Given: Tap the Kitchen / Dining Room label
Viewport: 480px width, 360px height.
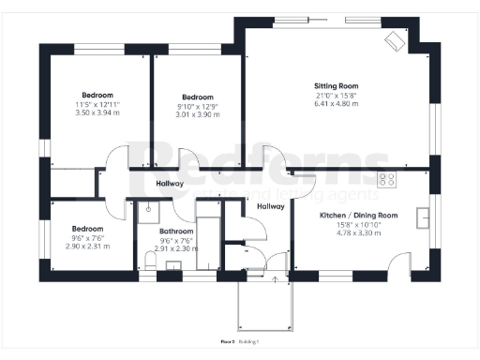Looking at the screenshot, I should (359, 215).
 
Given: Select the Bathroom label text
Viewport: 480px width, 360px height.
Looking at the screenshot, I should (176, 231).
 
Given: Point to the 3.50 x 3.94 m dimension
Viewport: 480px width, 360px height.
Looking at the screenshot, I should (97, 112).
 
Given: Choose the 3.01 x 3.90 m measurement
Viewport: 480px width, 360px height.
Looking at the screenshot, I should (197, 114).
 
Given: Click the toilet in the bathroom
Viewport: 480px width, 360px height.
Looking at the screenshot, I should (151, 260).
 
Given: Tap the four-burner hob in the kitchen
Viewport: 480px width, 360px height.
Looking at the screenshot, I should (385, 178).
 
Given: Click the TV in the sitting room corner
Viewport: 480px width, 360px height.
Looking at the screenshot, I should (394, 40).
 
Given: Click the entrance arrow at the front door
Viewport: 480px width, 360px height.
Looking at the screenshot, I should (274, 277).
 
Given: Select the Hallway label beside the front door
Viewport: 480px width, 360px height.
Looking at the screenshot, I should (270, 207).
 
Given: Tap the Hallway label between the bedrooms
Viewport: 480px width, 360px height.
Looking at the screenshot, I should (170, 183).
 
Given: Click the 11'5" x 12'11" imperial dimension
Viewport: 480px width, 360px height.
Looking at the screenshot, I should (97, 104).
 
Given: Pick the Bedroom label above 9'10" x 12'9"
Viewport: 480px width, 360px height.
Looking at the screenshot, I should (197, 97).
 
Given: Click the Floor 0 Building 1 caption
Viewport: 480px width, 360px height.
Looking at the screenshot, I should (240, 341).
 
